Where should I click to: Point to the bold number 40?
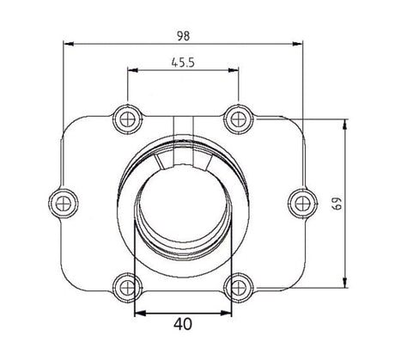[180, 326]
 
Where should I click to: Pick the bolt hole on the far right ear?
[299, 202]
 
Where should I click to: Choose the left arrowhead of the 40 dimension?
[139, 312]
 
